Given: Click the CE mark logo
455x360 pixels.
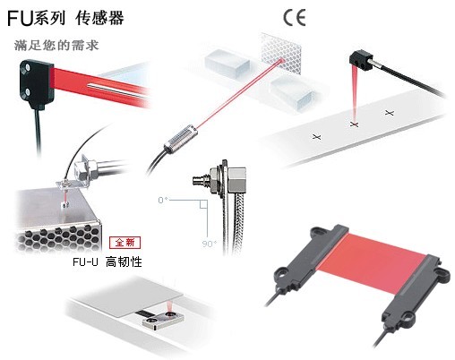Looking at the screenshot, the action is (x=295, y=17).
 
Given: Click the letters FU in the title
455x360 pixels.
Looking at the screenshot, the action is (x=20, y=18).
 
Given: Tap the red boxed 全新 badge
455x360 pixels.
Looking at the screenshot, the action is (x=124, y=243).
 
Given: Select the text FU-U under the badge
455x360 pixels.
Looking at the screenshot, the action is (x=85, y=262).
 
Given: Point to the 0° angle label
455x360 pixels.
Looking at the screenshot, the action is (x=163, y=200).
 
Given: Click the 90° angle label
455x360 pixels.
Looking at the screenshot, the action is (x=210, y=244).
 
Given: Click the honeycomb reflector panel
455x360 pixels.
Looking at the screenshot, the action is (x=279, y=53).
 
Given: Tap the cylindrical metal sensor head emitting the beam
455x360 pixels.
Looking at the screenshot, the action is (x=180, y=139).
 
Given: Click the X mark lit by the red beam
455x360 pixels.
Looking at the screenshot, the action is (x=354, y=124).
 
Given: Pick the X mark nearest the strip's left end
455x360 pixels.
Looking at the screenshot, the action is (x=317, y=137).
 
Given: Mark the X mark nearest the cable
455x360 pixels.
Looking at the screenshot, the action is (x=390, y=113).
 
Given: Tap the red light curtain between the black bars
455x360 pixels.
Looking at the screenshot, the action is (x=373, y=263).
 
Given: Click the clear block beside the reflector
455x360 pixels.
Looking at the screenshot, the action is (x=227, y=63).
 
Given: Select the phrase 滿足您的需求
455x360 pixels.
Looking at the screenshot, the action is (x=56, y=46).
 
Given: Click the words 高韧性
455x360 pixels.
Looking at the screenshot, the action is (x=124, y=262).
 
